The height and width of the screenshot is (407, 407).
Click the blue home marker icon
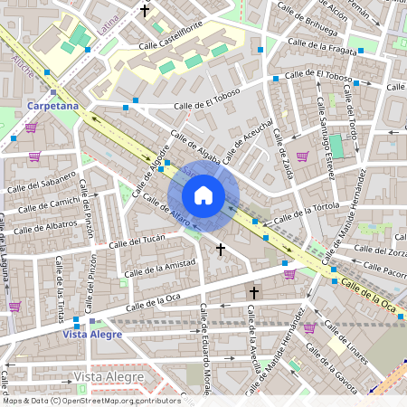coord(203,195)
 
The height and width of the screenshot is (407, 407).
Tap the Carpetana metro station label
coord(53,106)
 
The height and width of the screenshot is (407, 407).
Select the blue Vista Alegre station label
coord(92,335)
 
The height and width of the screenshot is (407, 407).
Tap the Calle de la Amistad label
coord(160,267)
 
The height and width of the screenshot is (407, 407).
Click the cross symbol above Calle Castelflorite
coord(145,11)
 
